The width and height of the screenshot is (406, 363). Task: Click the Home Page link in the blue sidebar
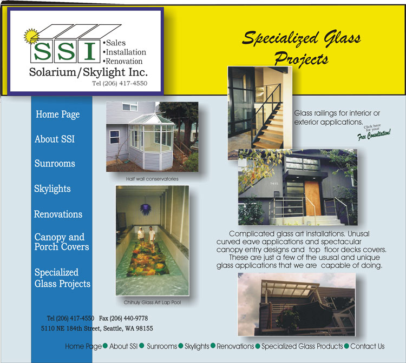(58, 115)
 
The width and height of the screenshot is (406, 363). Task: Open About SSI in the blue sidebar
(55, 139)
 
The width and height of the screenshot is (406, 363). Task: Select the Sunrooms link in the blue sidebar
(55, 163)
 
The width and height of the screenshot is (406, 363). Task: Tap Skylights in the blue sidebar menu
(53, 189)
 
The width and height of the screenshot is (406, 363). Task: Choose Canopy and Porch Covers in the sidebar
(62, 242)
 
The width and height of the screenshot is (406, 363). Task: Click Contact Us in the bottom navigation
(368, 346)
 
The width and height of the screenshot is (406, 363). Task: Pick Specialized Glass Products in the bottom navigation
(302, 346)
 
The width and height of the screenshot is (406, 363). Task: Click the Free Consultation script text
(374, 135)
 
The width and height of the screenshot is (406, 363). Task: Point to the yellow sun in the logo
(31, 36)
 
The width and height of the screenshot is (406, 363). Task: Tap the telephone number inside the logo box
(120, 83)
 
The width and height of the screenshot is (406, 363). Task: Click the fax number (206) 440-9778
(123, 318)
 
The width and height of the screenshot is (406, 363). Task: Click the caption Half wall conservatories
(152, 179)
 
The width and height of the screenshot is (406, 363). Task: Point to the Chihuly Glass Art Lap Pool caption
(152, 302)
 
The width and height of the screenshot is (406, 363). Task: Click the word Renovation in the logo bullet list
(124, 61)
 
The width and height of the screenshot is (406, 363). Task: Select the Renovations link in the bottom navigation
(235, 346)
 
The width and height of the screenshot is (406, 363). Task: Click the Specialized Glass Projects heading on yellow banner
(302, 48)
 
